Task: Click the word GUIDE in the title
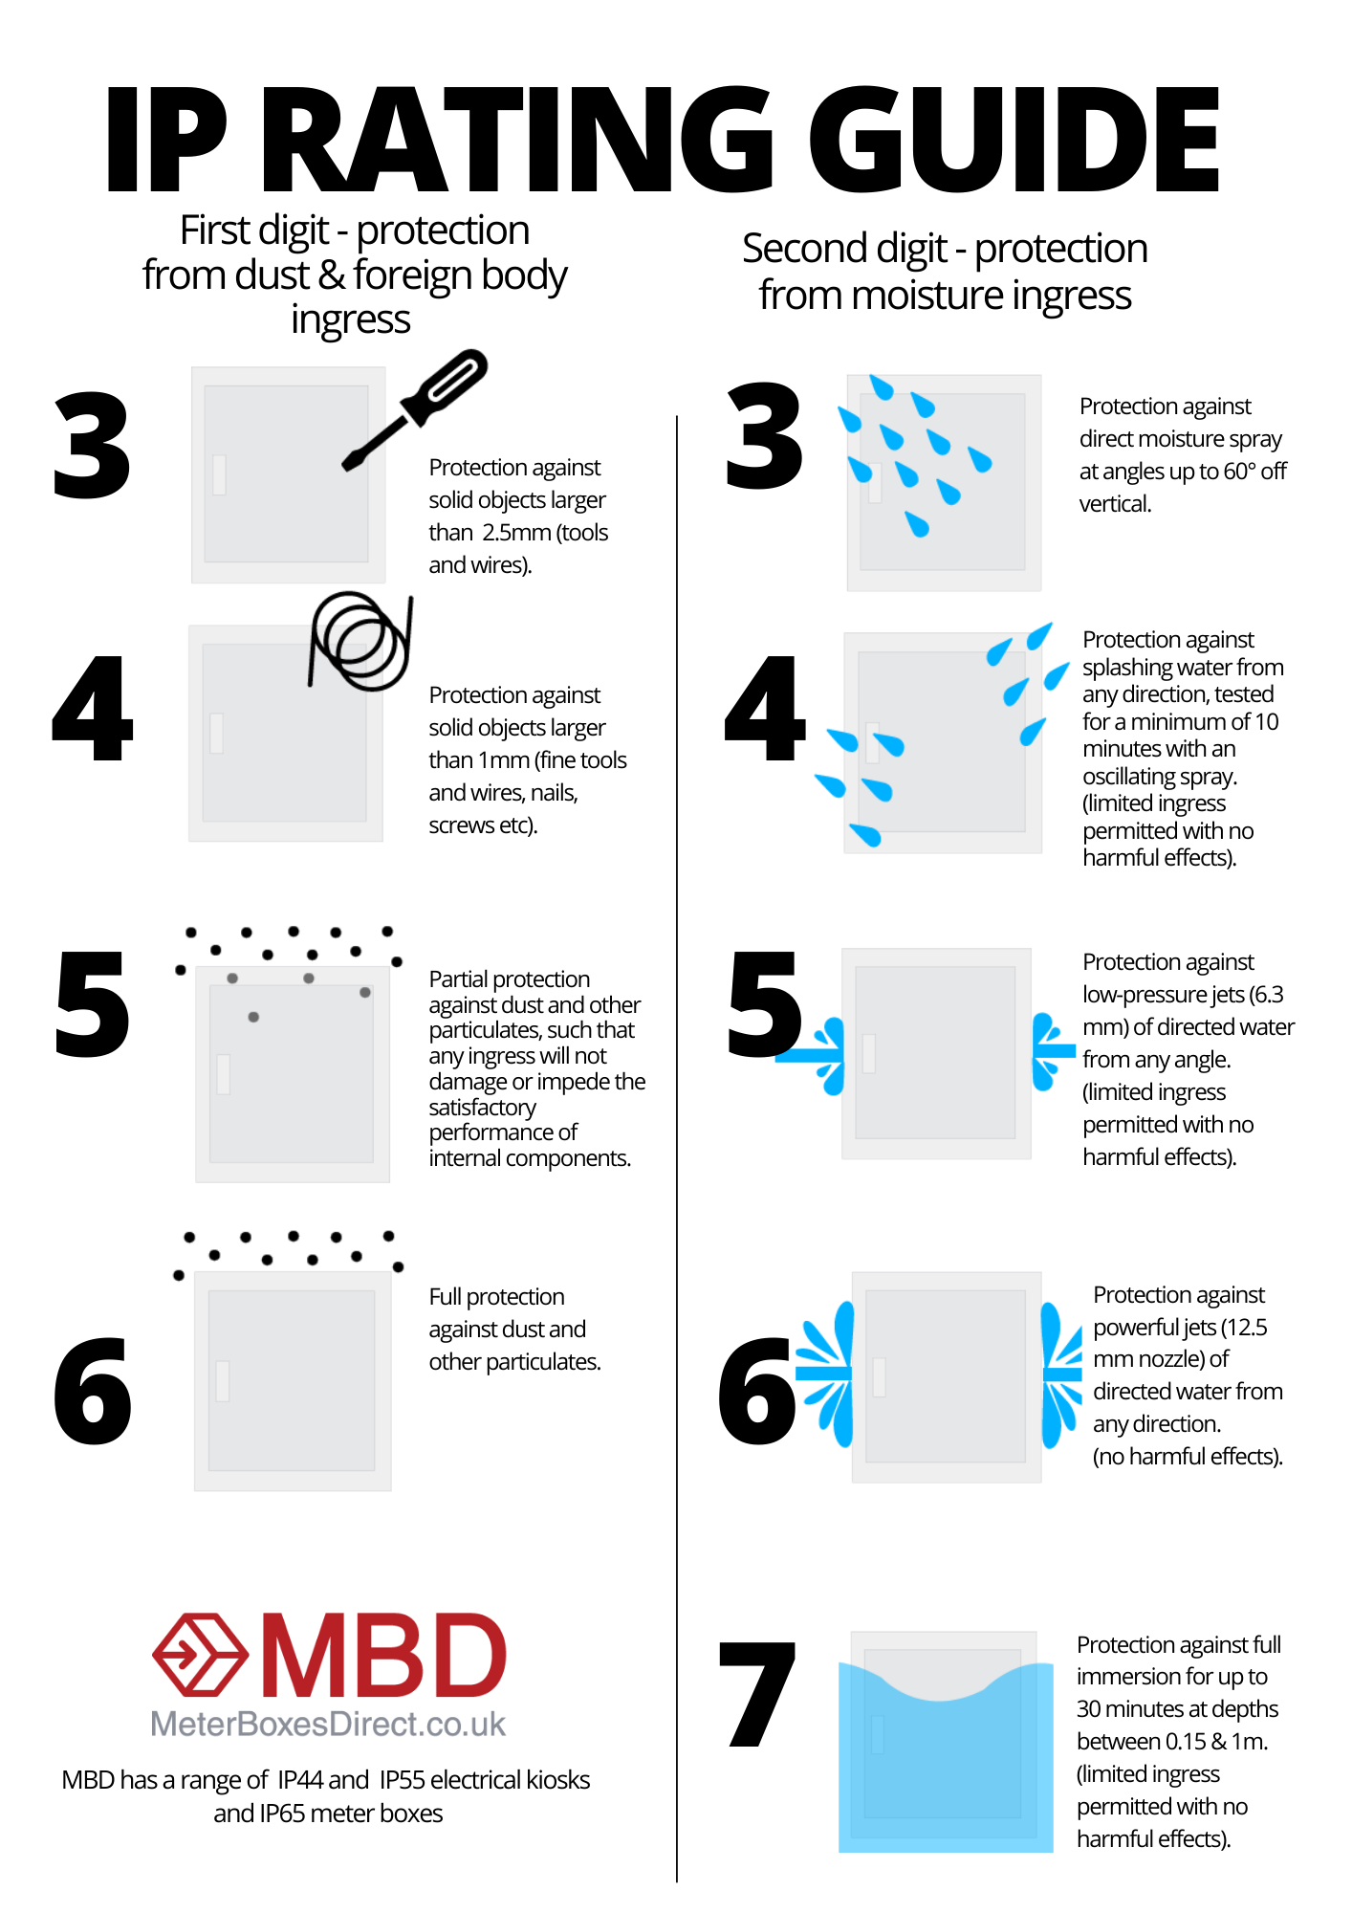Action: pyautogui.click(x=1014, y=140)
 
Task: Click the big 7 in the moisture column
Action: pyautogui.click(x=757, y=1693)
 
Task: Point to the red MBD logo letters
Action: pyautogui.click(x=383, y=1656)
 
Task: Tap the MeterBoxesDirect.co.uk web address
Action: pyautogui.click(x=328, y=1724)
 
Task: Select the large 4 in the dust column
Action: pyautogui.click(x=92, y=709)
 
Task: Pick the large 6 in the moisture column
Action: pyautogui.click(x=757, y=1391)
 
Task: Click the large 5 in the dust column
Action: pyautogui.click(x=92, y=1004)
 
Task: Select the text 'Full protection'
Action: pyautogui.click(x=496, y=1297)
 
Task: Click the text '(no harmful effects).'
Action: pyautogui.click(x=1188, y=1457)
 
